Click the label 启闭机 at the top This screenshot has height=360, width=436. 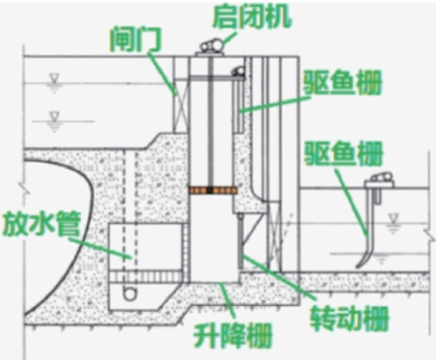click(252, 17)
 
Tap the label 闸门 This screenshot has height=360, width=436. click(135, 39)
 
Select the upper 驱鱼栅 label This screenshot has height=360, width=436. click(343, 82)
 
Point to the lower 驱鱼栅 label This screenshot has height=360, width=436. click(343, 153)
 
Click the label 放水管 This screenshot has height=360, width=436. click(41, 224)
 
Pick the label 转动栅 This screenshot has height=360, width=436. click(349, 318)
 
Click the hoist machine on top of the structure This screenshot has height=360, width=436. click(211, 48)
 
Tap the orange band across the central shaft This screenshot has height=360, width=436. click(213, 190)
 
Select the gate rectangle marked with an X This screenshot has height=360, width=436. click(181, 107)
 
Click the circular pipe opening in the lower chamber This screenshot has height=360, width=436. click(130, 293)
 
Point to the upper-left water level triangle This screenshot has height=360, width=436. click(54, 78)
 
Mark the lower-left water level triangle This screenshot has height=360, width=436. click(54, 116)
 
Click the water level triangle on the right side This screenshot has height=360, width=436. click(394, 218)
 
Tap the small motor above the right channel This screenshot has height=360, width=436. click(379, 180)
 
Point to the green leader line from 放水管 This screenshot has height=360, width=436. click(100, 248)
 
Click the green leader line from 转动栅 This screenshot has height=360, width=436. click(279, 277)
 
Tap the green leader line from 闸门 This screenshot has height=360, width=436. click(162, 74)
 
